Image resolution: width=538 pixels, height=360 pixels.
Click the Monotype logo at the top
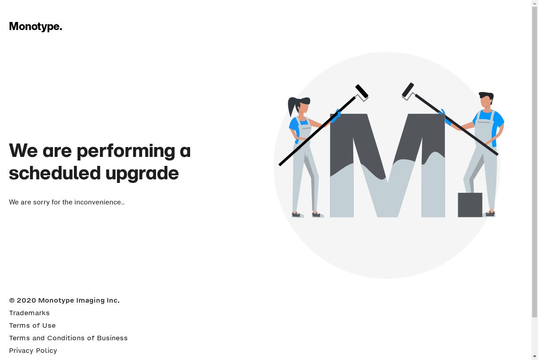point(35,26)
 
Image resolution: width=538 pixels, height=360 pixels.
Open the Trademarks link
point(29,313)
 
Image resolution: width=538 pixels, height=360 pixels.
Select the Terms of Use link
point(32,325)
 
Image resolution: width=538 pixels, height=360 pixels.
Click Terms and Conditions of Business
point(68,338)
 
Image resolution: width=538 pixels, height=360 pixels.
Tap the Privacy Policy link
point(33,351)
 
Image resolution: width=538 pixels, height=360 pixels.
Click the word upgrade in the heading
point(142,174)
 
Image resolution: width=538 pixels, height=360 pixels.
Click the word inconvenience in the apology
point(99,202)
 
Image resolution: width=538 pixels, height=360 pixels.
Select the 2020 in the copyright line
point(26,300)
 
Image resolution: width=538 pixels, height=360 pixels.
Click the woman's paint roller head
point(362,91)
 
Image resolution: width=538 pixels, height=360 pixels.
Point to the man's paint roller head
point(408,90)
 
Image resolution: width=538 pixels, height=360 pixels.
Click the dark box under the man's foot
point(470,205)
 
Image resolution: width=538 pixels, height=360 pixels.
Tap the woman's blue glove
point(336,116)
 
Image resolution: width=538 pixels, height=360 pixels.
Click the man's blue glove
point(445,117)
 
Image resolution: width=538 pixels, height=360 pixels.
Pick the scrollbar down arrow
point(534,357)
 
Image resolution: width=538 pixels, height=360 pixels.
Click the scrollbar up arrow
point(534,3)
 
